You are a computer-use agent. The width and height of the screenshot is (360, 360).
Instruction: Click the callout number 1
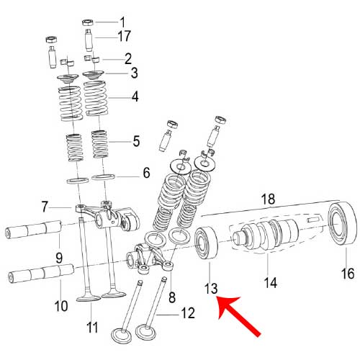click(x=122, y=21)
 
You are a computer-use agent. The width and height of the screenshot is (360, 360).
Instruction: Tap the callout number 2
click(x=127, y=58)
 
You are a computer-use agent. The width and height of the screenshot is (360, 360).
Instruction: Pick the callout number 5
click(x=136, y=140)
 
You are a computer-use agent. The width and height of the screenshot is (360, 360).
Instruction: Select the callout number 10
click(x=61, y=306)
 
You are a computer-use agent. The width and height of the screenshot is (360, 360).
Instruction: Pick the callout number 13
click(x=210, y=289)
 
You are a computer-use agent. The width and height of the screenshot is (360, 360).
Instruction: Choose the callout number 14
click(x=269, y=283)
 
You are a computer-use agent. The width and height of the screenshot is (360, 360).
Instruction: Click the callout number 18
click(x=268, y=197)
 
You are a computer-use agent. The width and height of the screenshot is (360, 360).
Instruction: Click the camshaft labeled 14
click(x=266, y=238)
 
